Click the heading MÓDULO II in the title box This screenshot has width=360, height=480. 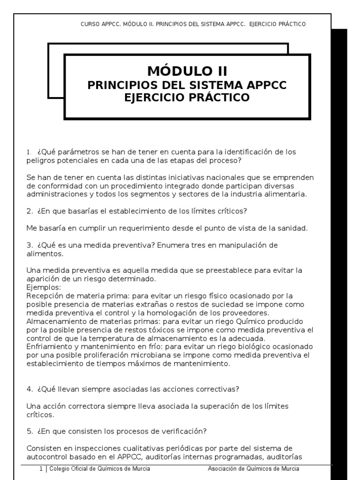click(187, 71)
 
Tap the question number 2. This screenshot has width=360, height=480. click(29, 211)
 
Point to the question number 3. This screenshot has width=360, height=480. click(29, 245)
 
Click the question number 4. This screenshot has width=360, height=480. click(29, 389)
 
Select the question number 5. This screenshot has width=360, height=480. click(29, 430)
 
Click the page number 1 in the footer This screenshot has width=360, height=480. click(41, 469)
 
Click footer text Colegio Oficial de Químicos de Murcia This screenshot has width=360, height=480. click(99, 469)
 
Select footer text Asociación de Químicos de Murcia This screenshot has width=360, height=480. click(253, 469)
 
